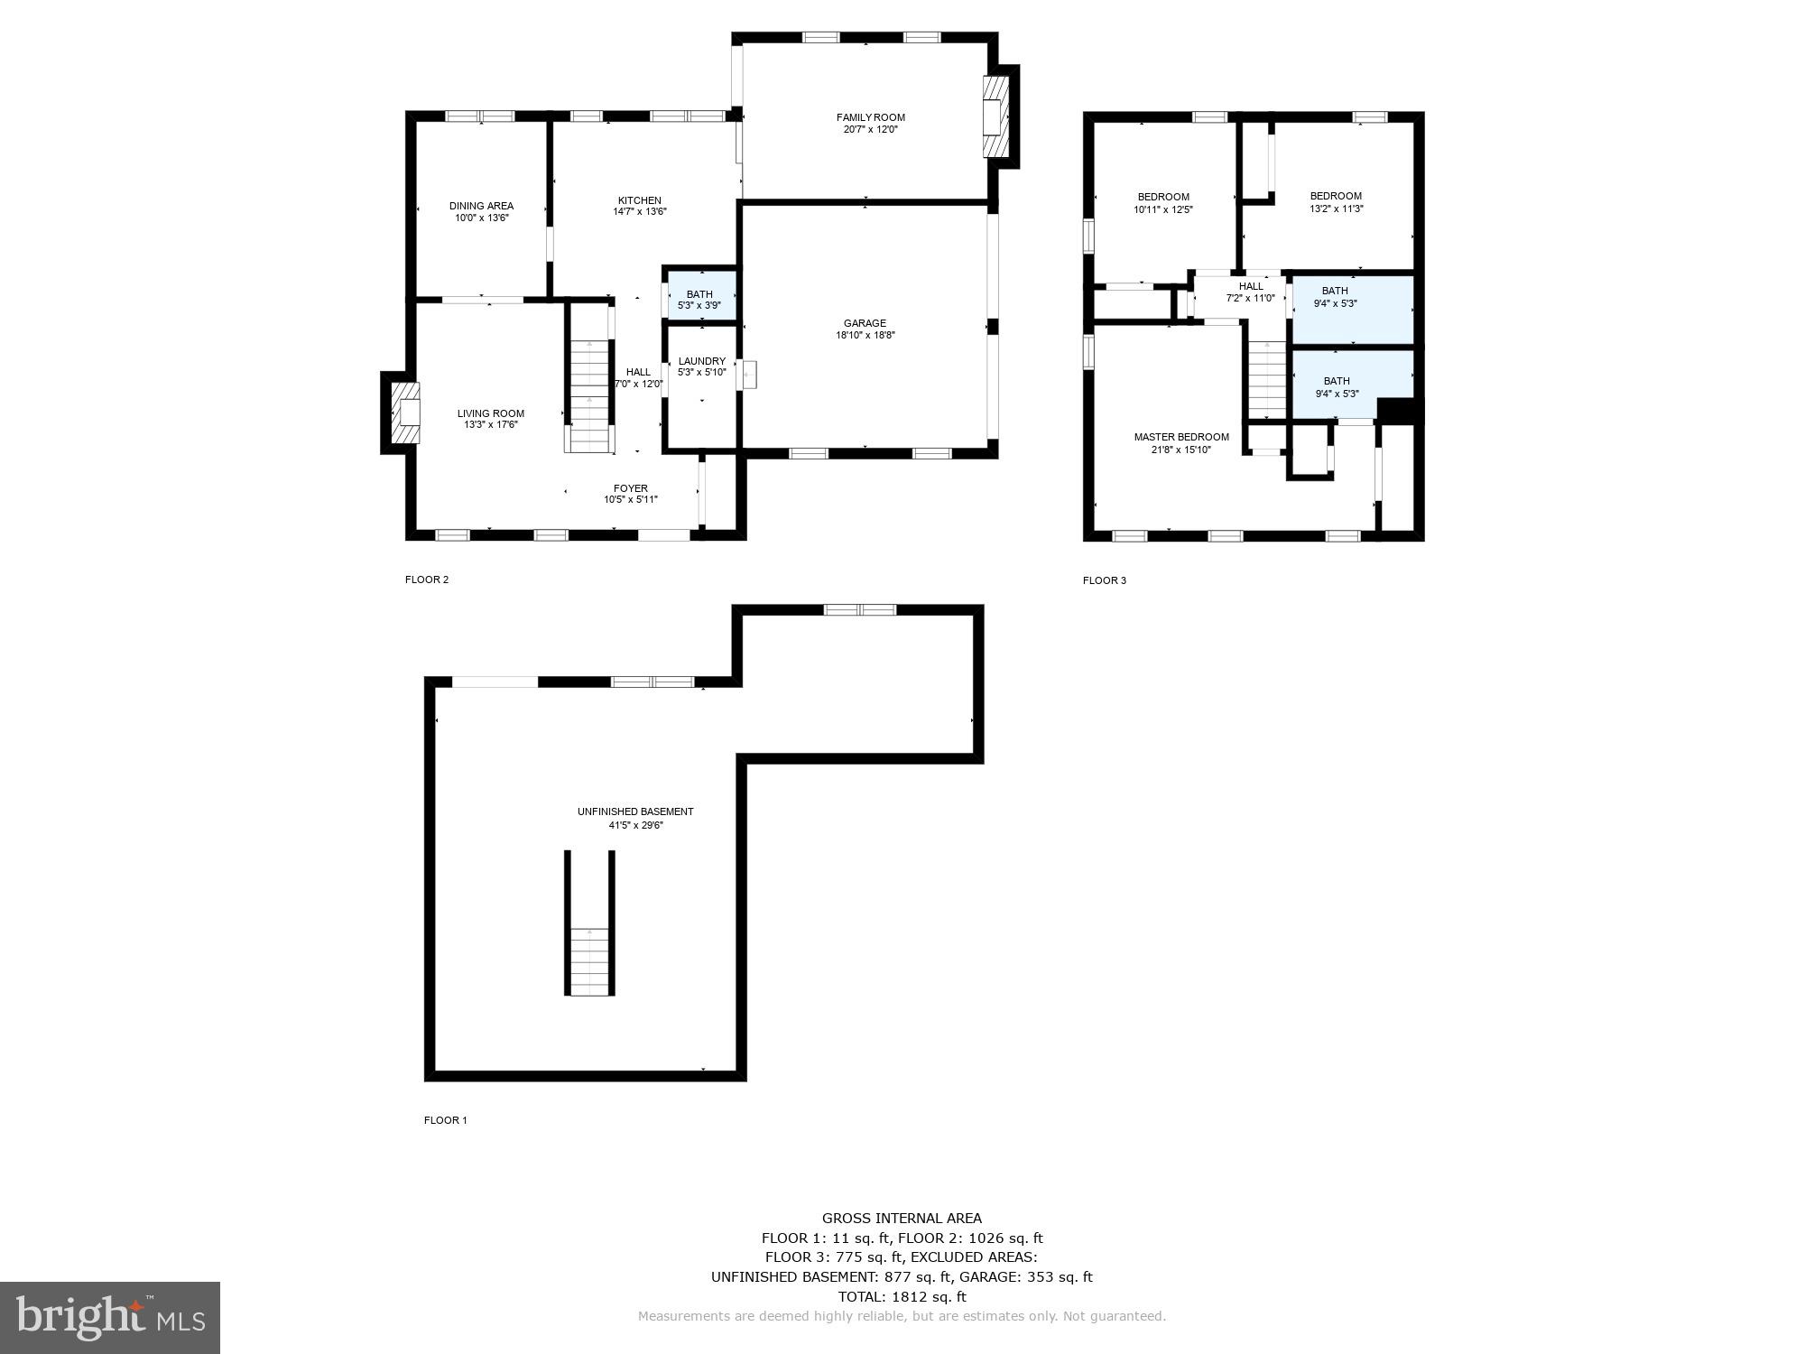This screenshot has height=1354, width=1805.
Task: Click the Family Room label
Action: [870, 117]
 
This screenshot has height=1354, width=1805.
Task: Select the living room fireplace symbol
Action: [406, 413]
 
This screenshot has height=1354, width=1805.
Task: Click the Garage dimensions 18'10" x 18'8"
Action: [865, 336]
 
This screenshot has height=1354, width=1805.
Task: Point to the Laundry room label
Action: [701, 361]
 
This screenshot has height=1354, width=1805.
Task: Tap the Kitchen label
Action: [639, 200]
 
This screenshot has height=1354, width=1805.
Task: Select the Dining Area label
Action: [481, 206]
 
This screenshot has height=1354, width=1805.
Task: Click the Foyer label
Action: [630, 488]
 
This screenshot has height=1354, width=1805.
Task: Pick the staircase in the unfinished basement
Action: [589, 960]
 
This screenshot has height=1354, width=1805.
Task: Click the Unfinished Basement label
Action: [635, 811]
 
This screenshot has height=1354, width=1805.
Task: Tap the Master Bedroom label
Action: [1180, 437]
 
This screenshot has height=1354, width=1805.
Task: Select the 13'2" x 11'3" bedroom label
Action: [1336, 196]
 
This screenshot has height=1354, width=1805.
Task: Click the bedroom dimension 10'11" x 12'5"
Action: [1162, 209]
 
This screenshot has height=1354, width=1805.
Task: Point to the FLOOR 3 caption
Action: [1104, 580]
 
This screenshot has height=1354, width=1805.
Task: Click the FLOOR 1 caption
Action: [445, 1120]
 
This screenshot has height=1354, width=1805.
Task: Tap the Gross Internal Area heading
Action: [902, 1218]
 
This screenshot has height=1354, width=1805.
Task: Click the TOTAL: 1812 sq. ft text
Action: [902, 1296]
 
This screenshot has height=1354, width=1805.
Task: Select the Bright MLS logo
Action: [110, 1317]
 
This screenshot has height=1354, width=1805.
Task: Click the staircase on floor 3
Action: [1267, 379]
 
